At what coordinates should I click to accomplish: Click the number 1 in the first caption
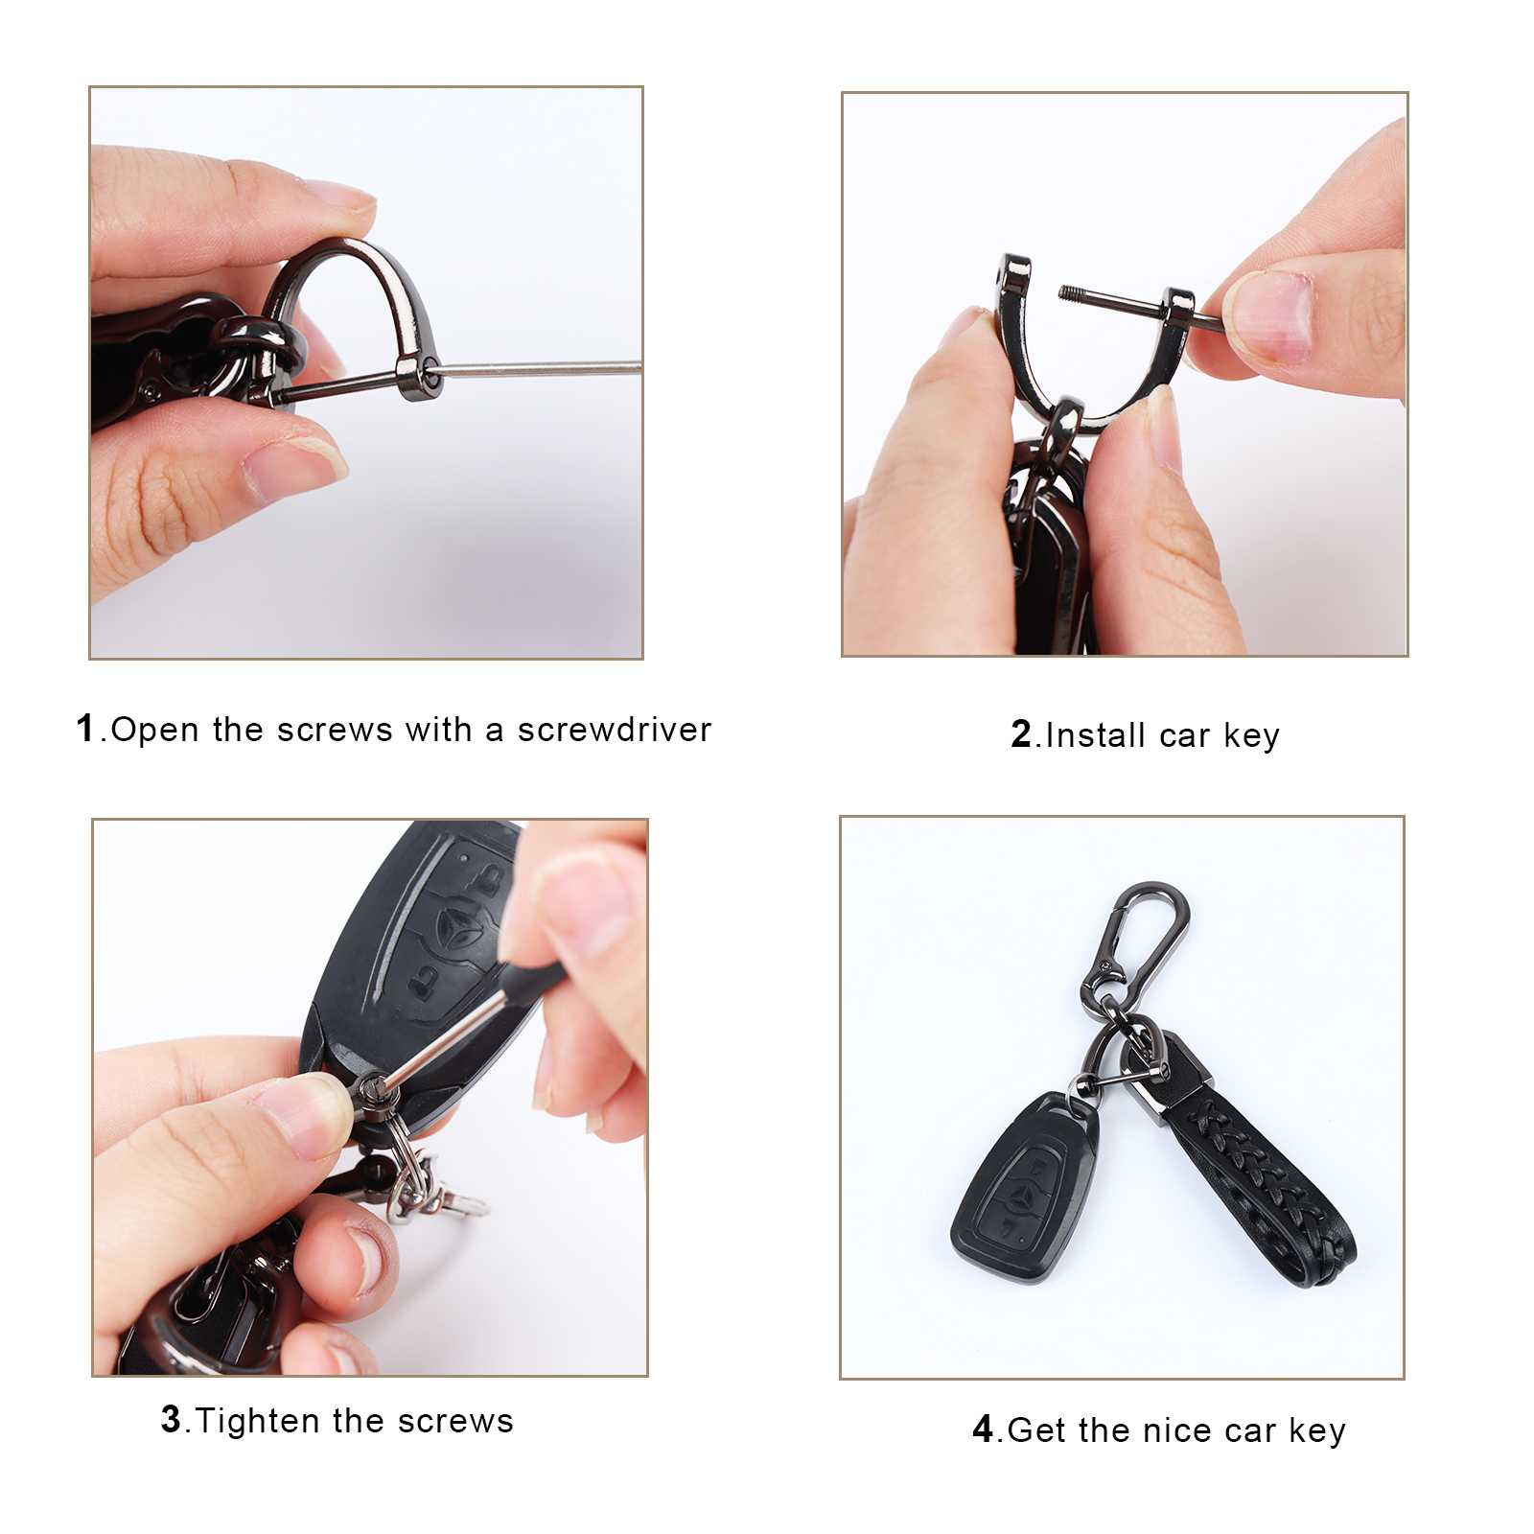tap(85, 728)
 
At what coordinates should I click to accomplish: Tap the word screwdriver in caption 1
tap(615, 730)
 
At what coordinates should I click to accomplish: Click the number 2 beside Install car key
tap(1021, 734)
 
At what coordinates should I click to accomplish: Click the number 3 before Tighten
tap(171, 1419)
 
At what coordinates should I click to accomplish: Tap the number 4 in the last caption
tap(983, 1429)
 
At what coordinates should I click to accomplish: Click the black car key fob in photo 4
tap(1026, 1189)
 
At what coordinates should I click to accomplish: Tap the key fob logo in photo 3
tap(455, 928)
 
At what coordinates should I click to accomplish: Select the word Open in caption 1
tap(155, 730)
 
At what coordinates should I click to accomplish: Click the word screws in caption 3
tap(455, 1422)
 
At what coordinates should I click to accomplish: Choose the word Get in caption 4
tap(1037, 1430)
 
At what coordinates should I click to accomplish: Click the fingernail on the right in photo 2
tap(1267, 316)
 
